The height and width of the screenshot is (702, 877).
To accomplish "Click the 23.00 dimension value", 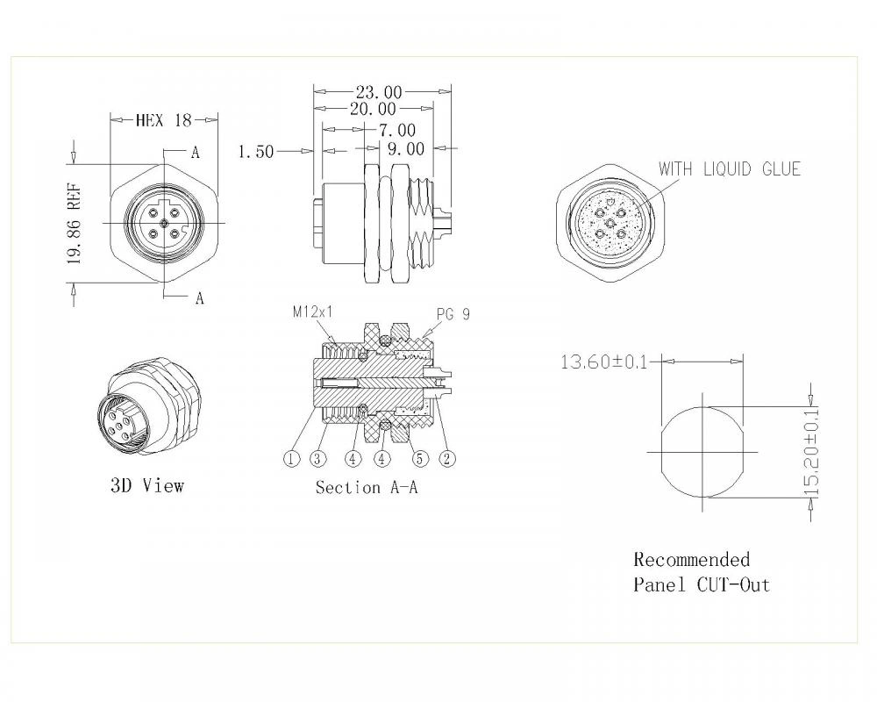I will tap(379, 91).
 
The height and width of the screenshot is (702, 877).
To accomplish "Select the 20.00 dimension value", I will tap(374, 109).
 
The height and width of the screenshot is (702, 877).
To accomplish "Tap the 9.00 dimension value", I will tap(405, 150).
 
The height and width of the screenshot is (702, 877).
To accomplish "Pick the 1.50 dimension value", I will tap(256, 152).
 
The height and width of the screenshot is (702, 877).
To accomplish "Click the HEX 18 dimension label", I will tap(163, 120).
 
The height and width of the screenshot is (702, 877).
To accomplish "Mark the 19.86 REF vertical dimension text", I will tap(75, 224).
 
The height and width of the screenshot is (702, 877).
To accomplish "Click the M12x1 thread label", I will tap(312, 312).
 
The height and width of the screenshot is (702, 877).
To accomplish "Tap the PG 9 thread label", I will tap(453, 314).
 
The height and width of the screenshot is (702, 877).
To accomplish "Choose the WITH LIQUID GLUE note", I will tap(729, 168).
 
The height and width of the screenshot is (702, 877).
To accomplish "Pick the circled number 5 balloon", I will tap(420, 458).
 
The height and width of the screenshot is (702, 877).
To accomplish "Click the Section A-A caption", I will tap(367, 488).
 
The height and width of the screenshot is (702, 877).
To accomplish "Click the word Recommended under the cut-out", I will tap(692, 560).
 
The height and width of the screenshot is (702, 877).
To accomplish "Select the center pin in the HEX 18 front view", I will tap(163, 224).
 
